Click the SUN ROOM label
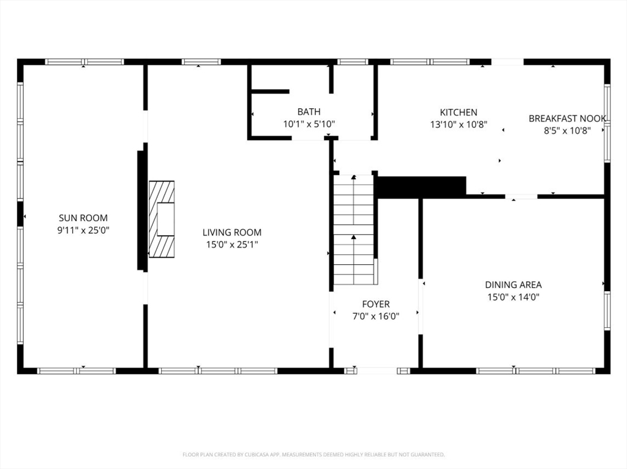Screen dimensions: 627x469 [83, 218]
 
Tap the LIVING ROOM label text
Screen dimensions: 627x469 [232, 232]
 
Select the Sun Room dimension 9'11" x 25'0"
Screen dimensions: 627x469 [83, 230]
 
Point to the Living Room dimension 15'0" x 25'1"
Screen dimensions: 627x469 [232, 245]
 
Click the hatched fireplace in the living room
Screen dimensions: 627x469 [162, 220]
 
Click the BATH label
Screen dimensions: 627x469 [309, 111]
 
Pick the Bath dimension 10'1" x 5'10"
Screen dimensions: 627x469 [309, 124]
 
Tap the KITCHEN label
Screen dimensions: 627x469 [459, 113]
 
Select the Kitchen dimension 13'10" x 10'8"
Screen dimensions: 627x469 [459, 125]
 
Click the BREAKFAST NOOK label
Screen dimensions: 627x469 [567, 118]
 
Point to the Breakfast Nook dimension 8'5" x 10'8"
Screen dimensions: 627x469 [567, 131]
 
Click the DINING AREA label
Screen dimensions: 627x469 [514, 285]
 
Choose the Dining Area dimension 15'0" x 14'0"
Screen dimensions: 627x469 [514, 297]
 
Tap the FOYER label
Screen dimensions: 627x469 [376, 304]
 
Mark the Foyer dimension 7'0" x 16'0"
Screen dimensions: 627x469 [376, 316]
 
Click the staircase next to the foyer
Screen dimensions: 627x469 [355, 230]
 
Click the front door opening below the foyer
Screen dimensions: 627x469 [377, 371]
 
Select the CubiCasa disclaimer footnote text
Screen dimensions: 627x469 [313, 454]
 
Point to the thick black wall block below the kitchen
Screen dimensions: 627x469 [422, 187]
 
